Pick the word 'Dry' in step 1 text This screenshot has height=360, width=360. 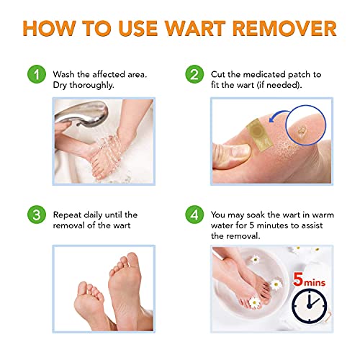(62, 86)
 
